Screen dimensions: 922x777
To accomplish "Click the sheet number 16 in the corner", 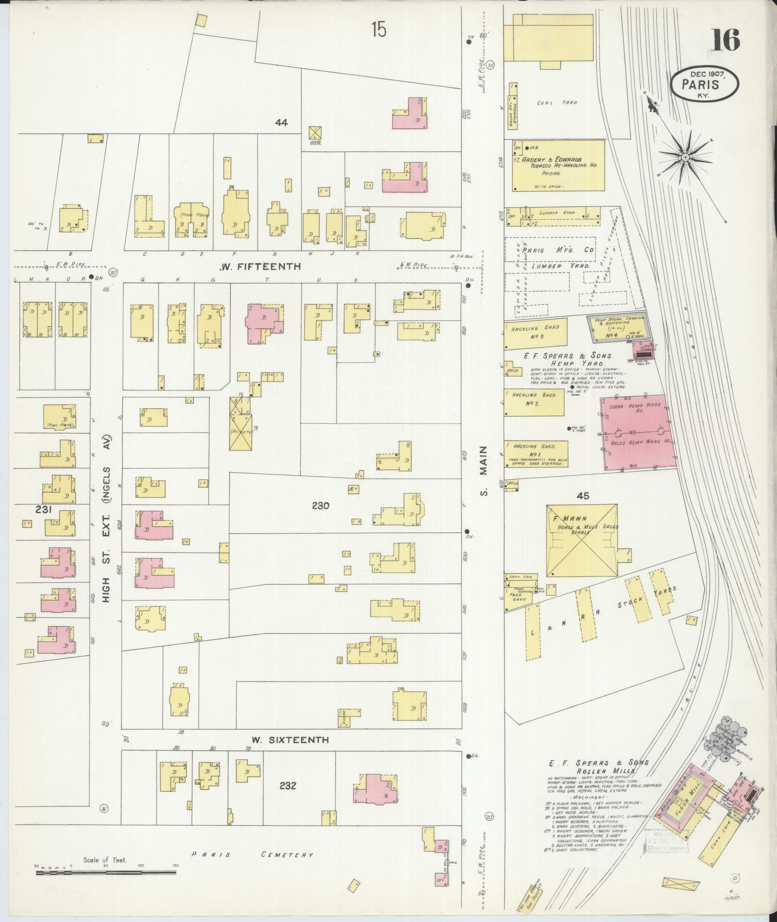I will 725,40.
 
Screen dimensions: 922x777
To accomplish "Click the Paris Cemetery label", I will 252,855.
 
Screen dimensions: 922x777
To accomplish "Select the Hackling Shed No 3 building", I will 536,333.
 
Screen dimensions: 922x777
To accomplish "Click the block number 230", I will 320,506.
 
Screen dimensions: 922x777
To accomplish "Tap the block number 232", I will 288,786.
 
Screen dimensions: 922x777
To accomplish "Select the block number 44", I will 281,123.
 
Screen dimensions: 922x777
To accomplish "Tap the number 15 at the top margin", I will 379,30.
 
